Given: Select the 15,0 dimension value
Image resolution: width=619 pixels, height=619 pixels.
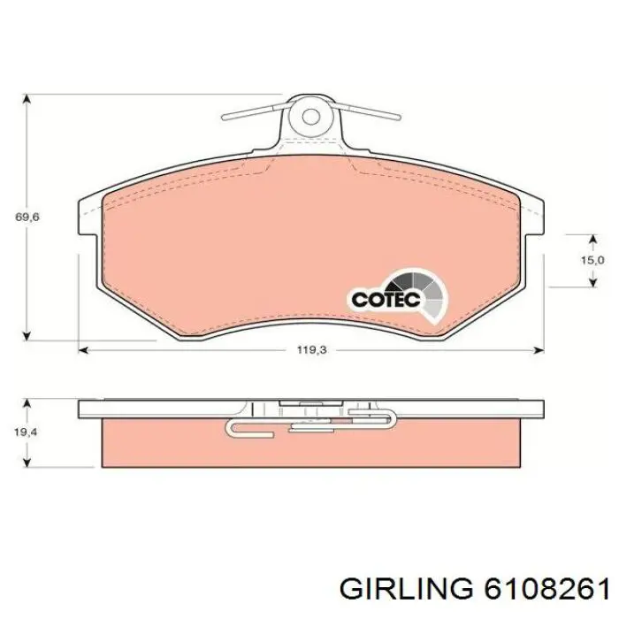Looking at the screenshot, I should [592, 260].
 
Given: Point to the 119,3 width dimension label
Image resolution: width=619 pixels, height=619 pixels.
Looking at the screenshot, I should [311, 350].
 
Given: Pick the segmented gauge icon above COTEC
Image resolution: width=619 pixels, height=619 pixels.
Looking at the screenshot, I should [423, 290].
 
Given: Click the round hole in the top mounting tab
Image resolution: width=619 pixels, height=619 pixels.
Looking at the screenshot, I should [309, 116].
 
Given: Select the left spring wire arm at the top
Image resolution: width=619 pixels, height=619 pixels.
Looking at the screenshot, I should [253, 112].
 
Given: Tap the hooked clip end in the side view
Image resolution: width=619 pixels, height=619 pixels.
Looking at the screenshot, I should [235, 429].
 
